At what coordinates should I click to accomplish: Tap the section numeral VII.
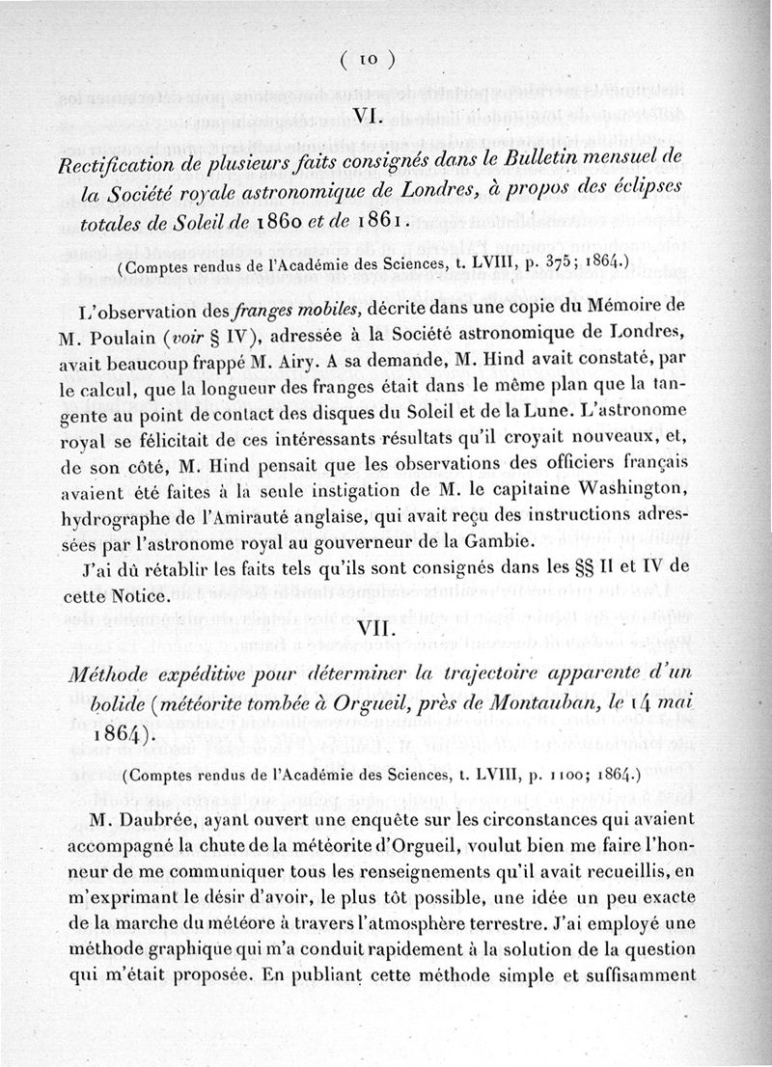(x=371, y=628)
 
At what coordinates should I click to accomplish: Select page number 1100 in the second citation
(x=555, y=774)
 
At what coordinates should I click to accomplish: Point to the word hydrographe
(x=141, y=516)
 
